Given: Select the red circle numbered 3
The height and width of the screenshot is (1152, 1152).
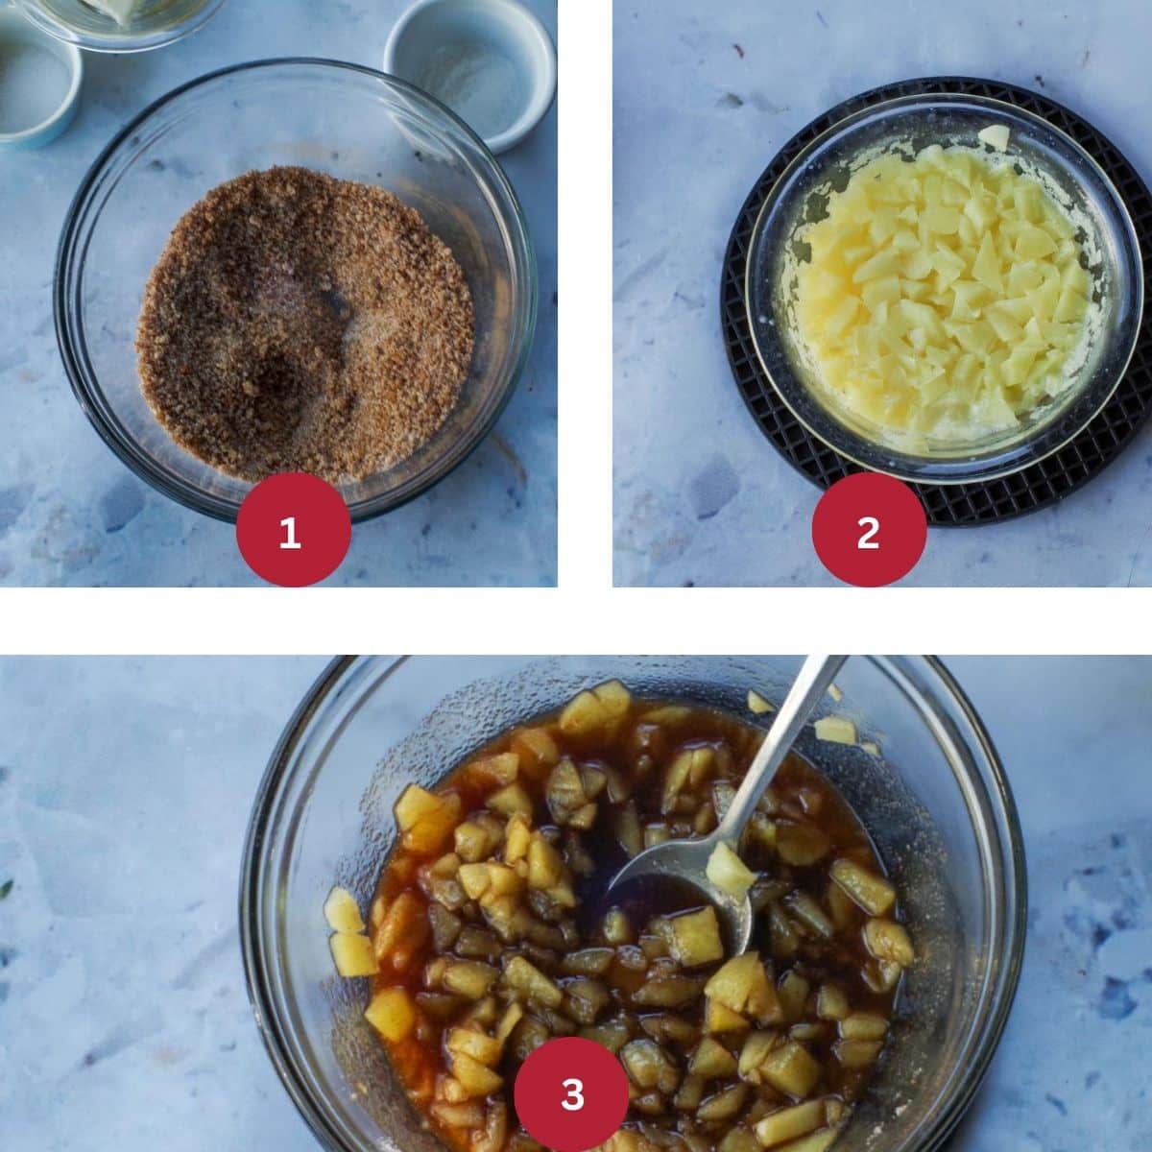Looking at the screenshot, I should coord(572,1093).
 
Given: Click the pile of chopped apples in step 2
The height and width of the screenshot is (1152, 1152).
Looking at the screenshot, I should coord(950,288).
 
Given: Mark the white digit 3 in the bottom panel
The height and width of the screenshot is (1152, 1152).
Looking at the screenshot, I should coord(572,1093).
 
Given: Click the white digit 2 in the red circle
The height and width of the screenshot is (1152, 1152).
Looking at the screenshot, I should coord(869,531).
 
